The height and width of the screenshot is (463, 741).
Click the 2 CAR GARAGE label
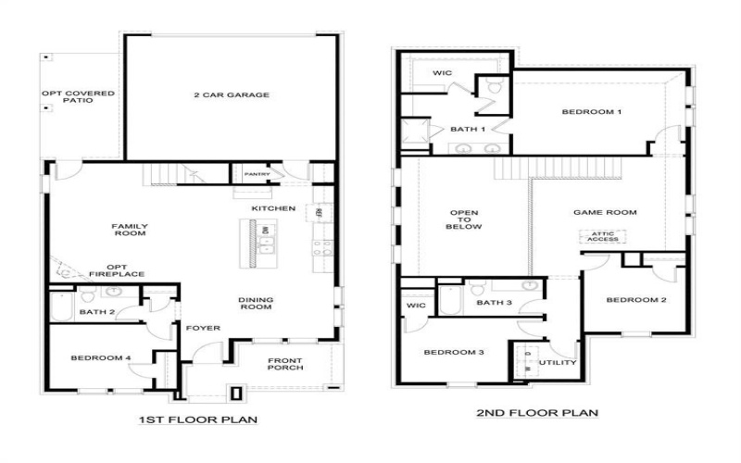[232, 94]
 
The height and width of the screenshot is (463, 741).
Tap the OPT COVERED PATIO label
[78, 98]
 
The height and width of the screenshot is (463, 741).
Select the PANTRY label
[257, 173]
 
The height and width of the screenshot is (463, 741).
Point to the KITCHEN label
[273, 208]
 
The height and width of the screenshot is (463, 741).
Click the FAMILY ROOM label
[130, 230]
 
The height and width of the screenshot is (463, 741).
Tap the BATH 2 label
[96, 312]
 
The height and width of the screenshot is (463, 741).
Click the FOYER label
[202, 328]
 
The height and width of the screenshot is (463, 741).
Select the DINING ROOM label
[255, 304]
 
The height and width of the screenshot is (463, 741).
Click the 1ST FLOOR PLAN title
[197, 419]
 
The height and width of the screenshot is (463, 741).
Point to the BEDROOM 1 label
[591, 112]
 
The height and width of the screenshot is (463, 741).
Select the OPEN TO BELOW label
[463, 219]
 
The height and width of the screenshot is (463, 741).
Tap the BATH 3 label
[494, 302]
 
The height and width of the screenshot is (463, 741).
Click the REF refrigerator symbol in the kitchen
[319, 212]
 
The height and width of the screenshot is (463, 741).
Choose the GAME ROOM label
[605, 212]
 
